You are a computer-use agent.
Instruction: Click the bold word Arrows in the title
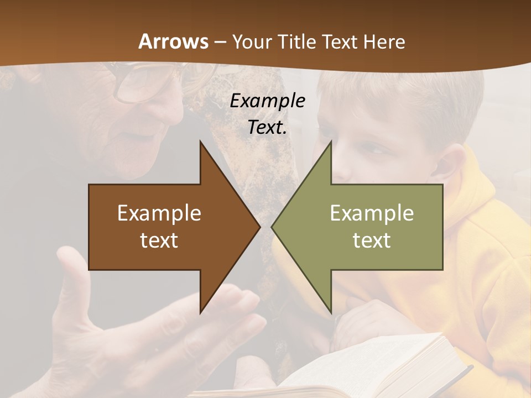[173, 41]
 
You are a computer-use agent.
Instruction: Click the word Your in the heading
[251, 42]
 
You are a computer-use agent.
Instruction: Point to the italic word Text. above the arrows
[267, 127]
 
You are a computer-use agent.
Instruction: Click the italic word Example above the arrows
[267, 101]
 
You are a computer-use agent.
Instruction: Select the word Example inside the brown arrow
[159, 213]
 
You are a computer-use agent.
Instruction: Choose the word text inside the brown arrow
[159, 240]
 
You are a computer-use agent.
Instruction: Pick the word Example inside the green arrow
[372, 213]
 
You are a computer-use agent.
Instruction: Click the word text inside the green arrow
[372, 240]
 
